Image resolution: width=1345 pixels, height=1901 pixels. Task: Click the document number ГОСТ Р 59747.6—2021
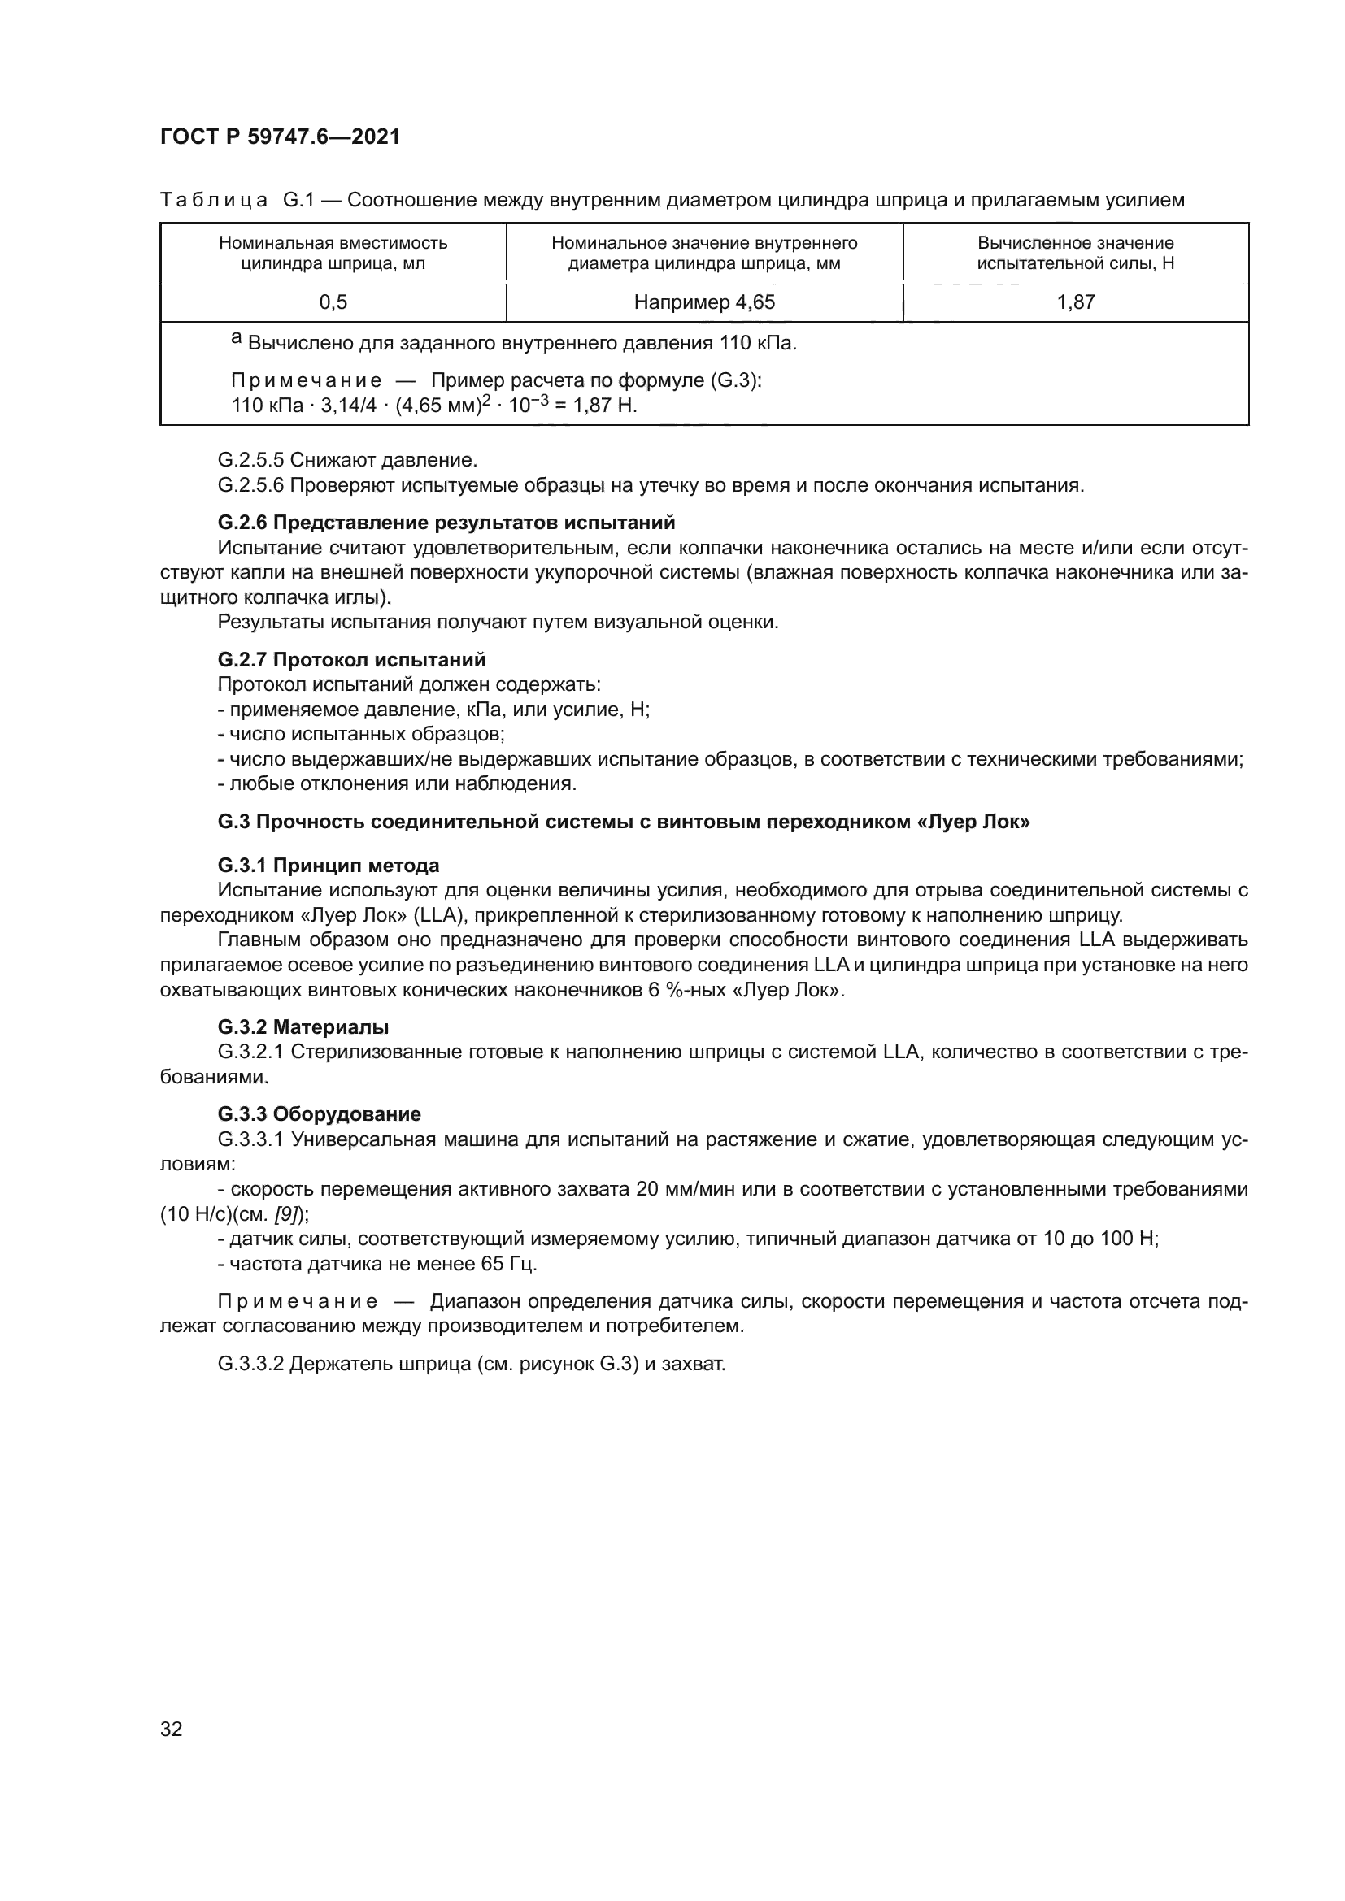(x=280, y=137)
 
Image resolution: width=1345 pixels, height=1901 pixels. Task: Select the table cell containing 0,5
(x=333, y=303)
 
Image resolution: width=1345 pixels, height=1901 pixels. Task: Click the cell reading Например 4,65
(x=704, y=303)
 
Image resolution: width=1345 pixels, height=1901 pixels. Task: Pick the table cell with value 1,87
(x=1075, y=303)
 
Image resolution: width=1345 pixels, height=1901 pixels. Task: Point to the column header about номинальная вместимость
(x=333, y=254)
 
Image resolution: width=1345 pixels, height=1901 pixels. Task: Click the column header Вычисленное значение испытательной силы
(x=1075, y=254)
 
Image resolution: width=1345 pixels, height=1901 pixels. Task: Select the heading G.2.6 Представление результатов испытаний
(x=446, y=523)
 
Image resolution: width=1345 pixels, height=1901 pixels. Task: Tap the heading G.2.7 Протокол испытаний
(x=352, y=660)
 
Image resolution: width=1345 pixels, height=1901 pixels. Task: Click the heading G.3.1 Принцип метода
(x=329, y=866)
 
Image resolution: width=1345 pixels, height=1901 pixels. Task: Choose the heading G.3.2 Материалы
(x=303, y=1027)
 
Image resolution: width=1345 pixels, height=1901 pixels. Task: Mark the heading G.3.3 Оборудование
(x=320, y=1114)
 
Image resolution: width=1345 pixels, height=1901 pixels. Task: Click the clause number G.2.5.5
(x=251, y=459)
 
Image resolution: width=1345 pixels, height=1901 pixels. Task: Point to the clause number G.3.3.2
(x=251, y=1365)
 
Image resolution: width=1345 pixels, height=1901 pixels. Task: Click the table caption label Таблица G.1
(x=236, y=201)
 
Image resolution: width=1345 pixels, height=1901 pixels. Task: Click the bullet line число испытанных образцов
(x=361, y=735)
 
